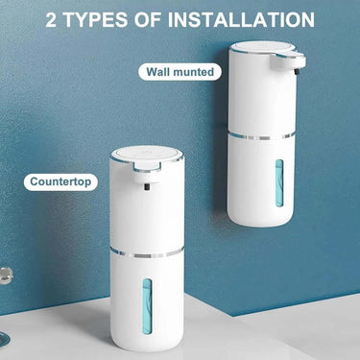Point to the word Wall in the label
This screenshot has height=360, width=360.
[160, 71]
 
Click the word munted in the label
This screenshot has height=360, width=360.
[196, 71]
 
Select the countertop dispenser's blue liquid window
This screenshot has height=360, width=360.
[146, 307]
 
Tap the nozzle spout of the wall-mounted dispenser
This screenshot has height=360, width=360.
[299, 65]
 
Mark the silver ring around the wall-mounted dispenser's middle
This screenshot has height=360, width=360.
[264, 136]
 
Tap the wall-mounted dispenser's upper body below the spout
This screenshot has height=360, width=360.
[263, 106]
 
